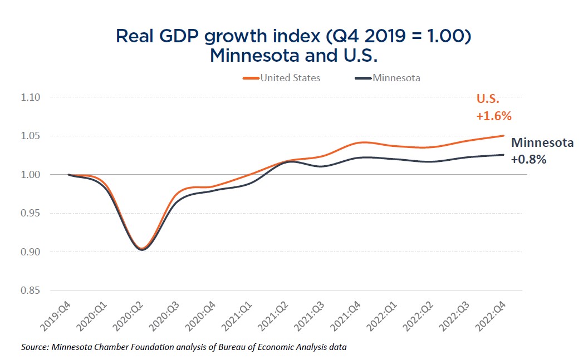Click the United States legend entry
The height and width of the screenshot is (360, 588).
[290, 78]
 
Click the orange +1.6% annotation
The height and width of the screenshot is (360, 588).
[493, 117]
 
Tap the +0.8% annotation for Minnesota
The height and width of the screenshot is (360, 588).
[529, 159]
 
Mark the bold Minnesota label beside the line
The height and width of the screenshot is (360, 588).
[542, 142]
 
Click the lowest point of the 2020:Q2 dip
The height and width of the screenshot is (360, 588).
[143, 249]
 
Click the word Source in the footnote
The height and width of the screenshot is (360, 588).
[35, 347]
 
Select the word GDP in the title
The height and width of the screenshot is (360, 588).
[170, 36]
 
